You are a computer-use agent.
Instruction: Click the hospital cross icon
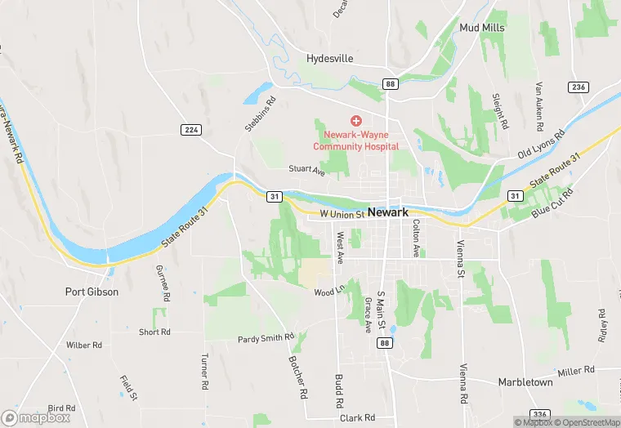(355, 121)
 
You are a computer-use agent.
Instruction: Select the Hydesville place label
(328, 59)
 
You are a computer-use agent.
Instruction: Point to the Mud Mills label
(481, 28)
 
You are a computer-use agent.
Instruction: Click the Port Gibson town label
(92, 292)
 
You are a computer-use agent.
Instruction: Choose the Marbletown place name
(525, 382)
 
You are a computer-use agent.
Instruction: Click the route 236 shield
(579, 87)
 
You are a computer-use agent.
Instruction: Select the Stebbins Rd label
(261, 114)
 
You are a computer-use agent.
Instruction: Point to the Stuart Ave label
(306, 170)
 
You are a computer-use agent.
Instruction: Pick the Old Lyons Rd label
(541, 145)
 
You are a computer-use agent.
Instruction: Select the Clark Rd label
(357, 417)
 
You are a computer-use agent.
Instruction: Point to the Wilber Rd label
(84, 346)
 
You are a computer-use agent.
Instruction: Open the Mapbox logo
(35, 417)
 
